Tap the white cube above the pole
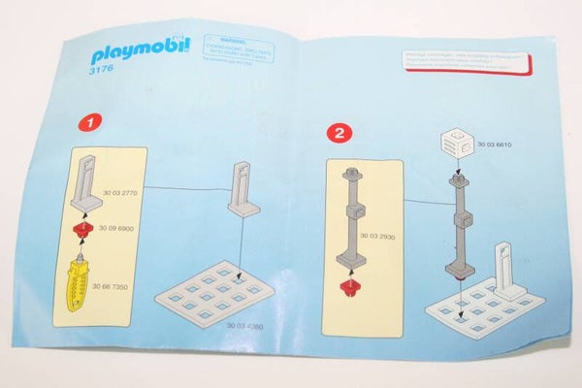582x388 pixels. [457, 146]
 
